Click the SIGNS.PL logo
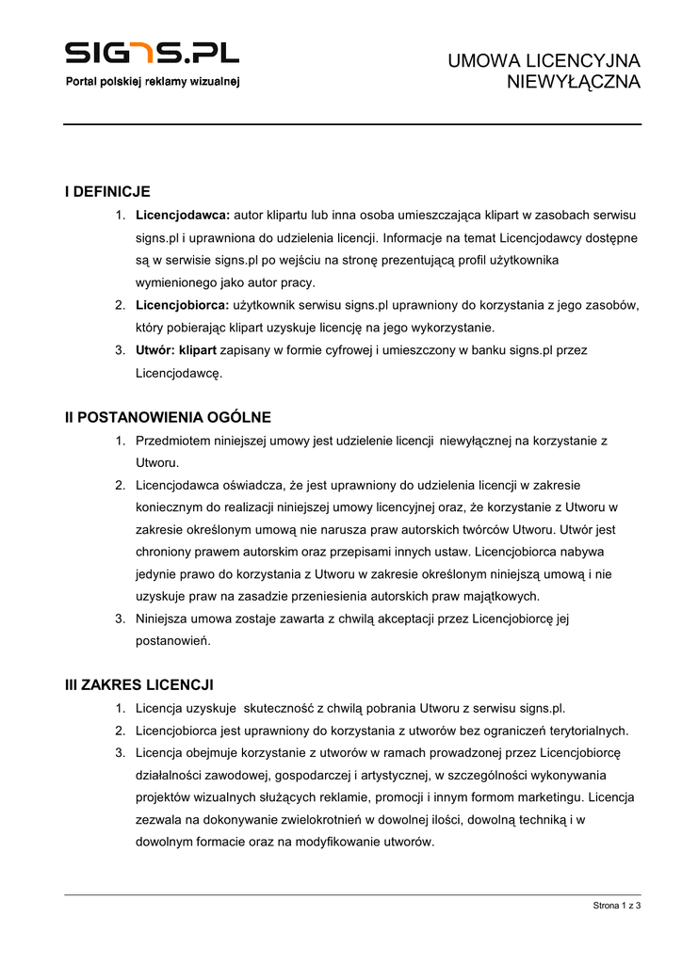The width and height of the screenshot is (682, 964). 152,52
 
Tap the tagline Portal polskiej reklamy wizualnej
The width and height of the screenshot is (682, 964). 152,82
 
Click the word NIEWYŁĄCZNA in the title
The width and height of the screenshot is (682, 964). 574,82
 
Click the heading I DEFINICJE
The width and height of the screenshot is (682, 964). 107,191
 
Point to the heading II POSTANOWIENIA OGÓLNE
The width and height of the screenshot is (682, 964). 168,417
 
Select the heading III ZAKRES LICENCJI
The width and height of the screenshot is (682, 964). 139,684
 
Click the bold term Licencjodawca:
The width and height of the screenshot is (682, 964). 183,215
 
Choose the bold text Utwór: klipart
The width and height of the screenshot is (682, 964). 176,350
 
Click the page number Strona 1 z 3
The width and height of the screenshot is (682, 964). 617,906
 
